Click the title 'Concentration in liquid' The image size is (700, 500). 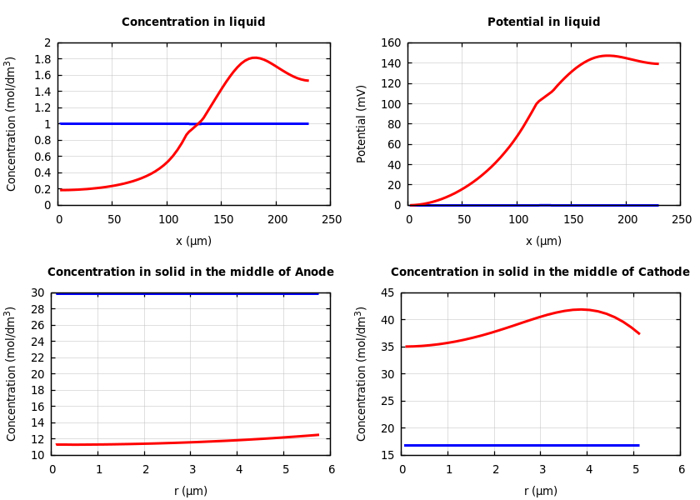pyautogui.click(x=193, y=22)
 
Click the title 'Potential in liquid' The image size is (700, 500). pyautogui.click(x=543, y=22)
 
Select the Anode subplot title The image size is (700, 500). pyautogui.click(x=190, y=272)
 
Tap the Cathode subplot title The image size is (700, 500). pyautogui.click(x=540, y=272)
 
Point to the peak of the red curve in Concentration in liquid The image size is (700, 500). pyautogui.click(x=254, y=58)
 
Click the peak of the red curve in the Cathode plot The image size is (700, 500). pyautogui.click(x=581, y=310)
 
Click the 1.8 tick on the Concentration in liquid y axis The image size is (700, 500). pyautogui.click(x=47, y=59)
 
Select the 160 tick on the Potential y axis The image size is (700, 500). pyautogui.click(x=392, y=43)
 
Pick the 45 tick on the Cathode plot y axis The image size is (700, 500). pyautogui.click(x=387, y=293)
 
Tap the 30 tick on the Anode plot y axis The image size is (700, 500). pyautogui.click(x=37, y=293)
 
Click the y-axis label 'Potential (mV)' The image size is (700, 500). pyautogui.click(x=362, y=123)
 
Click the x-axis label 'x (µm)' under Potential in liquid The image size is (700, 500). pyautogui.click(x=543, y=242)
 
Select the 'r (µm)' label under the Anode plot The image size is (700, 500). pyautogui.click(x=190, y=492)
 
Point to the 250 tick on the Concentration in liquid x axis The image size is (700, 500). pyautogui.click(x=331, y=220)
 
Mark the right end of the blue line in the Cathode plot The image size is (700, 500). pyautogui.click(x=638, y=445)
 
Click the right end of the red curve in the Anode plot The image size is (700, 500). pyautogui.click(x=318, y=434)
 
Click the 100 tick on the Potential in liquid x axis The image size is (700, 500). pyautogui.click(x=518, y=220)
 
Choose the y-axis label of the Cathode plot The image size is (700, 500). pyautogui.click(x=362, y=373)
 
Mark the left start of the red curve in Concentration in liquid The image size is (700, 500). pyautogui.click(x=60, y=190)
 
